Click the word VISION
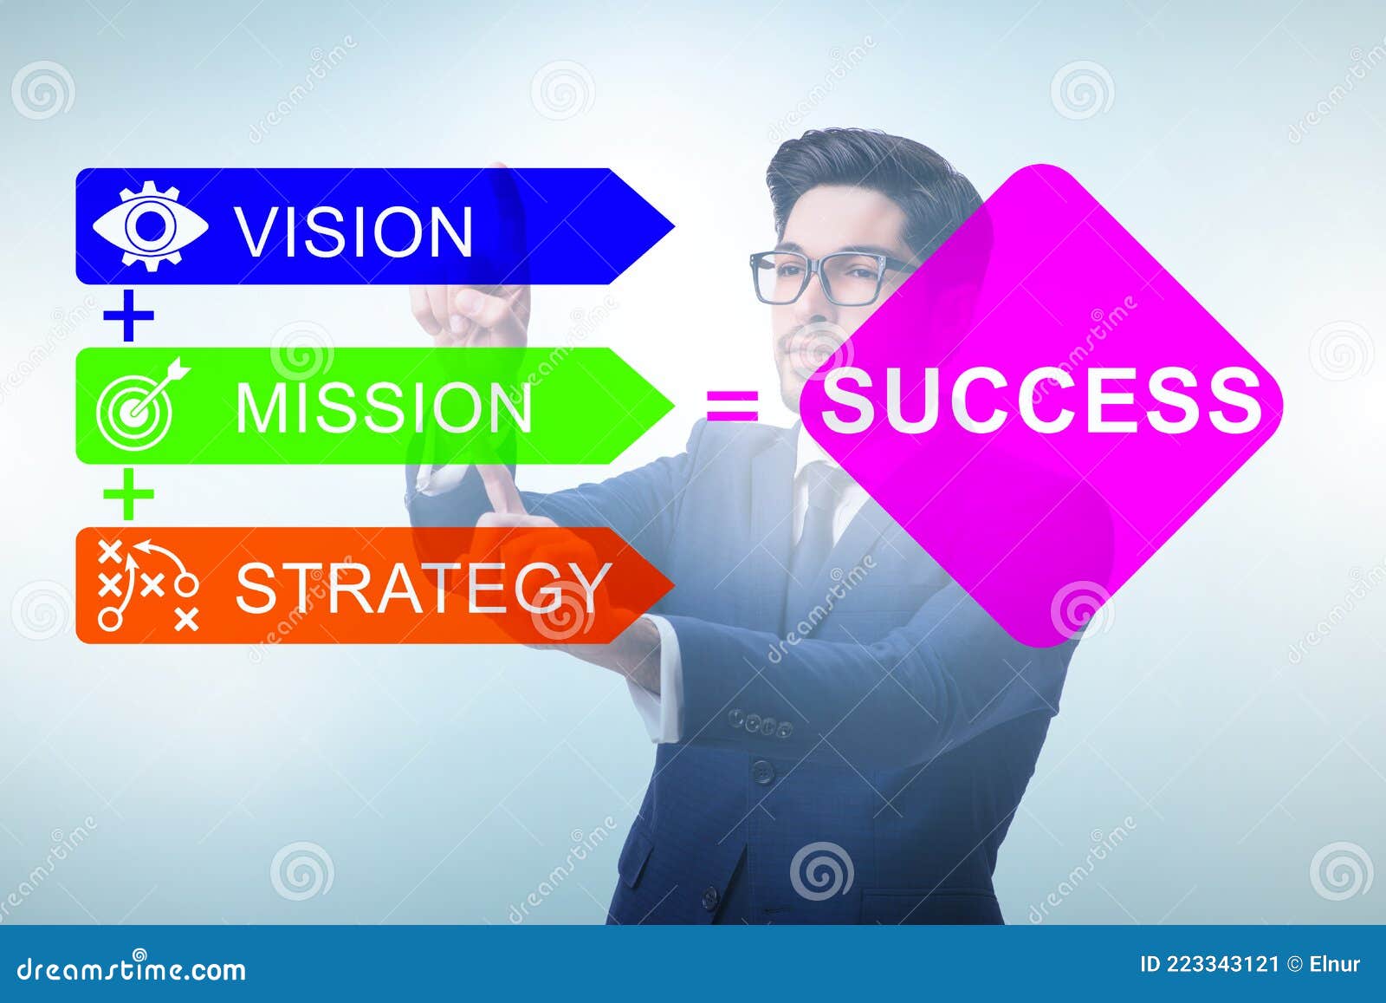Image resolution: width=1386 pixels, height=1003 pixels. (x=354, y=231)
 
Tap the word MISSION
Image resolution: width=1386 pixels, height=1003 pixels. (x=384, y=407)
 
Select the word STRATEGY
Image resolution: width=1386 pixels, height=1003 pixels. (x=422, y=588)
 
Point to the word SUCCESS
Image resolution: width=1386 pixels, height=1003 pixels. (x=1040, y=401)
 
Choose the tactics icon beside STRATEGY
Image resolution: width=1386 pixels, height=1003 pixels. (x=148, y=585)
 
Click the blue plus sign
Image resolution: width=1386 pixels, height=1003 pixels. (x=128, y=316)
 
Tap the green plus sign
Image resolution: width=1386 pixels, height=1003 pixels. (x=128, y=495)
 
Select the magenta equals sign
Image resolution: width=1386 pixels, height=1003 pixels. (x=733, y=405)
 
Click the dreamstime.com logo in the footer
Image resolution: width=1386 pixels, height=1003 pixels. (x=132, y=968)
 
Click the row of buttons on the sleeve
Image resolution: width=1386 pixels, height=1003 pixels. (x=759, y=723)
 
